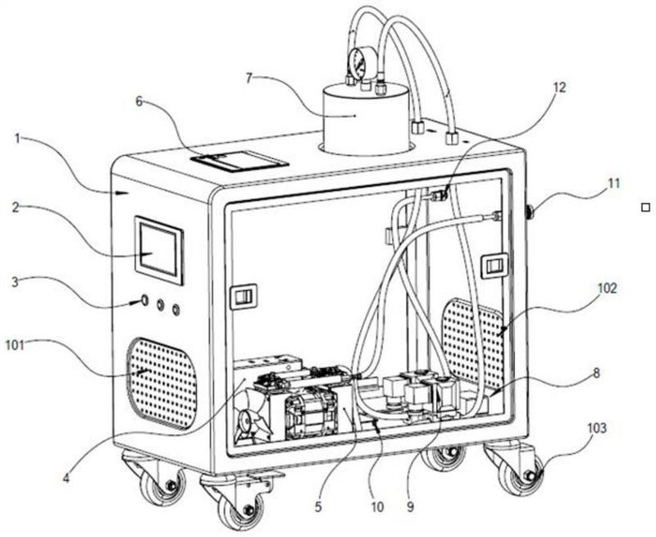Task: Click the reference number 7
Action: (x=249, y=78)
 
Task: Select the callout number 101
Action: (x=16, y=345)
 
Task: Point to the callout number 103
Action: (x=597, y=428)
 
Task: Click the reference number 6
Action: (x=139, y=101)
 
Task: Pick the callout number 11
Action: (x=613, y=183)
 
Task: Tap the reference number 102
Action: (x=607, y=288)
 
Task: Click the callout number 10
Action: (x=377, y=507)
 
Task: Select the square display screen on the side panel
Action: (x=158, y=250)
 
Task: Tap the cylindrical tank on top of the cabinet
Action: (x=365, y=118)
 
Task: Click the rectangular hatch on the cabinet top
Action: (x=239, y=162)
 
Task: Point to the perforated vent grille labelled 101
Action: (x=162, y=384)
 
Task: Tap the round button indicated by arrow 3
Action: (x=145, y=300)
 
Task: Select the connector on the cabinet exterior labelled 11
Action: (x=530, y=211)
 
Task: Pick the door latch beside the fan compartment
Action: (x=244, y=297)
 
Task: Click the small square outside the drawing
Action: (x=645, y=207)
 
